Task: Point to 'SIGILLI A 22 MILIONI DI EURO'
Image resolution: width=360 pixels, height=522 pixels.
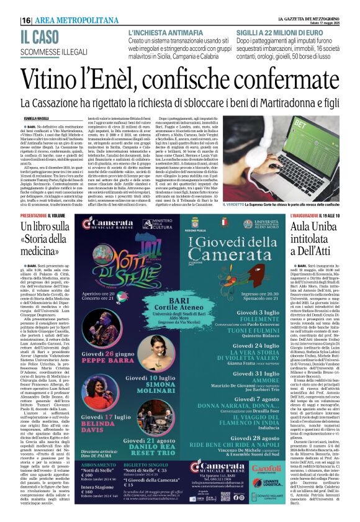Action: pyautogui.click(x=279, y=32)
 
